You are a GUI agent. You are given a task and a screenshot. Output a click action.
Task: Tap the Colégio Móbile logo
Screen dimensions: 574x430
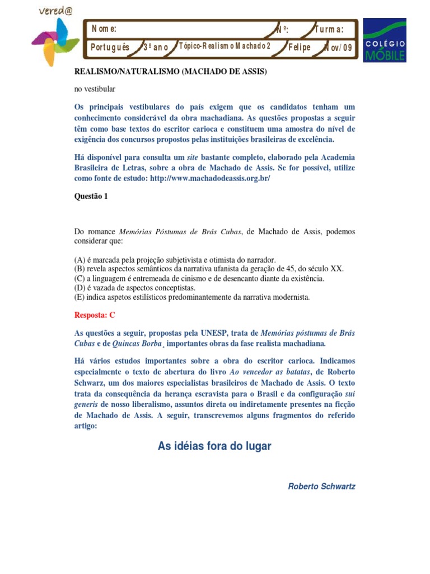click(385, 40)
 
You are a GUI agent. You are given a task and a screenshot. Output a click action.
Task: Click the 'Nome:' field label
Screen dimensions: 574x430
click(104, 29)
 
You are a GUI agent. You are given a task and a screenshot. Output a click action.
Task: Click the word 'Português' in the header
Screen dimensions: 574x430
click(110, 47)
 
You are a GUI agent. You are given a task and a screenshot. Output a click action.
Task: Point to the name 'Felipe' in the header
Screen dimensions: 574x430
click(299, 47)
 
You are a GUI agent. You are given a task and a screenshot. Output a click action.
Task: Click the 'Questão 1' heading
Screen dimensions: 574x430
click(91, 196)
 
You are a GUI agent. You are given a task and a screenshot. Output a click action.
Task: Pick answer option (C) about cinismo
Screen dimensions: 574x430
click(199, 278)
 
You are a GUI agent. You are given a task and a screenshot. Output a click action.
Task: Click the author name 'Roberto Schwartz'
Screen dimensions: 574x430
click(321, 486)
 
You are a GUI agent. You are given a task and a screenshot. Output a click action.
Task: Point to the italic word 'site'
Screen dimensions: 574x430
click(193, 157)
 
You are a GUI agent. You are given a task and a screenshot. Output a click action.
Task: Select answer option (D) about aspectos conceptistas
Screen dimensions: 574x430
click(144, 287)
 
